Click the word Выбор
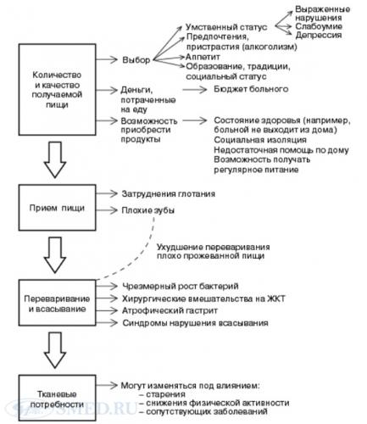click(x=136, y=60)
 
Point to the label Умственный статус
click(x=226, y=27)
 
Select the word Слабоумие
click(x=319, y=26)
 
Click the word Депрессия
click(x=319, y=35)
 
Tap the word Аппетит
click(x=203, y=57)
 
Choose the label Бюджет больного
click(x=251, y=89)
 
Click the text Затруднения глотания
click(x=169, y=193)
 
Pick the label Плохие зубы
click(x=148, y=210)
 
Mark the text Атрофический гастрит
click(x=170, y=310)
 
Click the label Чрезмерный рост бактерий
click(x=181, y=286)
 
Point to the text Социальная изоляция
click(x=260, y=140)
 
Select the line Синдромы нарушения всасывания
click(x=195, y=323)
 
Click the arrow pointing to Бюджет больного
click(x=195, y=90)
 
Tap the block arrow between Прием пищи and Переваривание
click(x=55, y=254)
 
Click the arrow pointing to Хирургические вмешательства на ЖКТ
click(x=107, y=298)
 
